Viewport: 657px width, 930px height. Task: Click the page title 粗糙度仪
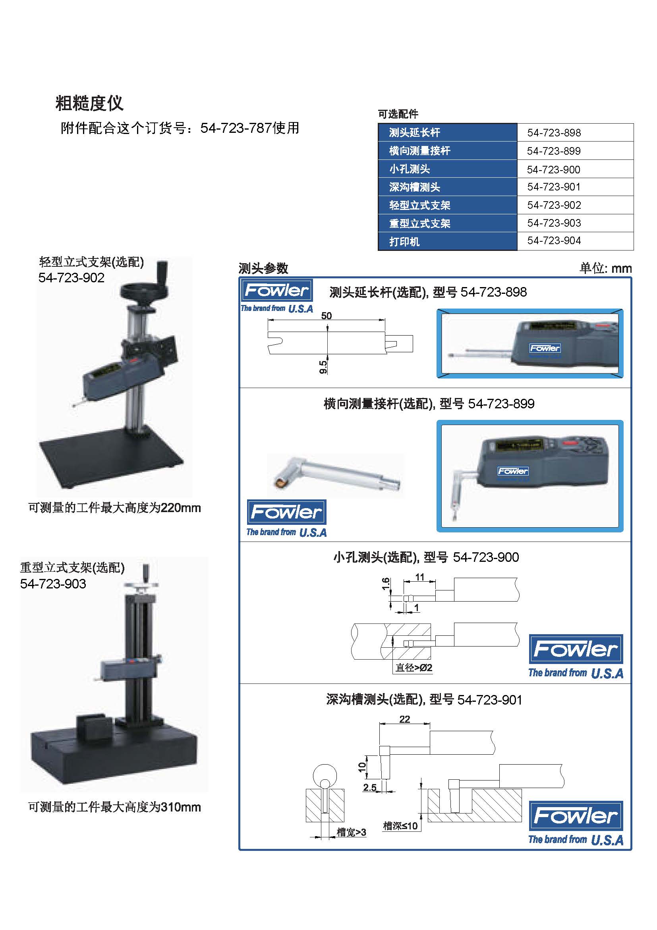(x=89, y=103)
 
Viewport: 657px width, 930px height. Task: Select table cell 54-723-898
(x=554, y=132)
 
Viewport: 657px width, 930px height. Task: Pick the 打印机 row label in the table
(x=404, y=242)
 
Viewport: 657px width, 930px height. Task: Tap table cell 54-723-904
(x=554, y=241)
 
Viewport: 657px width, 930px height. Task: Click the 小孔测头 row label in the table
(x=410, y=169)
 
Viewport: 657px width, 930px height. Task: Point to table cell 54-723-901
(x=554, y=187)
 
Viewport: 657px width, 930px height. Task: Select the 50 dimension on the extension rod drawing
(x=326, y=316)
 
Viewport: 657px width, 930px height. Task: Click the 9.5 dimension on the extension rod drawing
(x=323, y=367)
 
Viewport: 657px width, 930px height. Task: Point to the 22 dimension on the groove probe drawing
(x=404, y=719)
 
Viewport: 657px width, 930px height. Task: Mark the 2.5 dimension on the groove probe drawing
(x=370, y=788)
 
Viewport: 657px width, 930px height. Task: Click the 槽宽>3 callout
(x=351, y=832)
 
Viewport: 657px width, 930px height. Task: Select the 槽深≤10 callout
(x=400, y=826)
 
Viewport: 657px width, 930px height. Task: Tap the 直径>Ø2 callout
(x=414, y=668)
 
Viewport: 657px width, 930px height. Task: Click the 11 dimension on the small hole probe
(x=419, y=577)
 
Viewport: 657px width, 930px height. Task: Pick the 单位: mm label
(x=605, y=268)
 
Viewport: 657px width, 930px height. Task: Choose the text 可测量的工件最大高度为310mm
(x=114, y=807)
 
